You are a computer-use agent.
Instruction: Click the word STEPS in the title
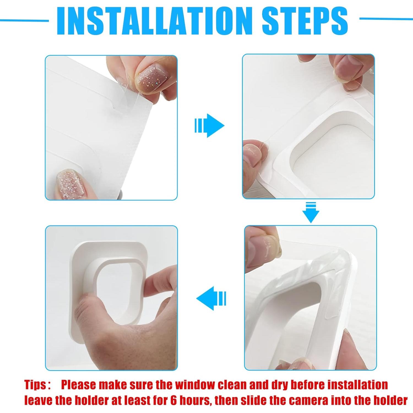pyautogui.click(x=305, y=21)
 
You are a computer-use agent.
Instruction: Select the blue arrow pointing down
pyautogui.click(x=311, y=212)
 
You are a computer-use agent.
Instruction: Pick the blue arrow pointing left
pyautogui.click(x=211, y=298)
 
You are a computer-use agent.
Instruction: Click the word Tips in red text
pyautogui.click(x=35, y=385)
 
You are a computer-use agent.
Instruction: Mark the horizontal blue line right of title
pyautogui.click(x=385, y=19)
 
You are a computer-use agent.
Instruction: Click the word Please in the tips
pyautogui.click(x=79, y=385)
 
